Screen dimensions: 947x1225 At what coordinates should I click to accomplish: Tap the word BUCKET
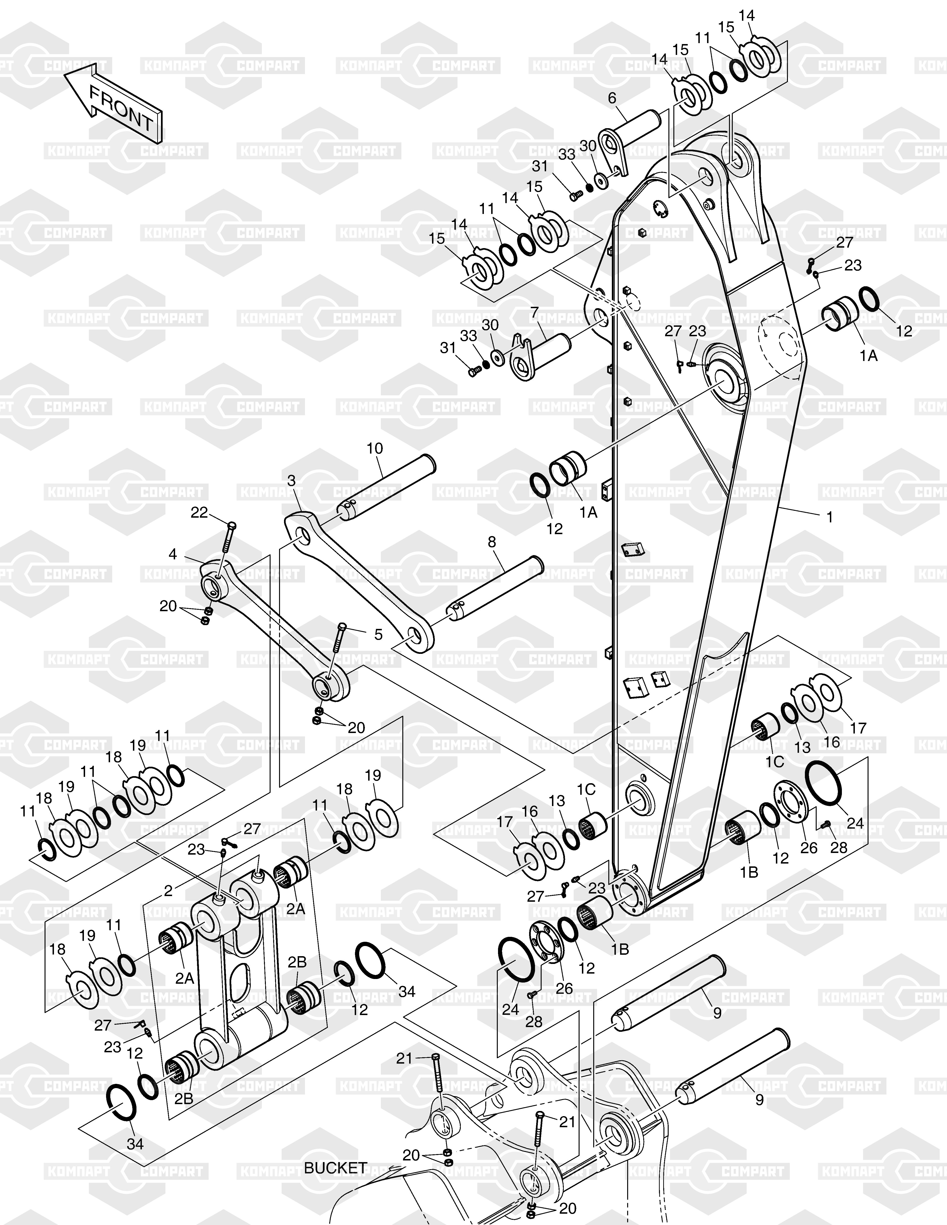point(335,1168)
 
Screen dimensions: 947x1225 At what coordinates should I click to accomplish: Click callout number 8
point(492,542)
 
